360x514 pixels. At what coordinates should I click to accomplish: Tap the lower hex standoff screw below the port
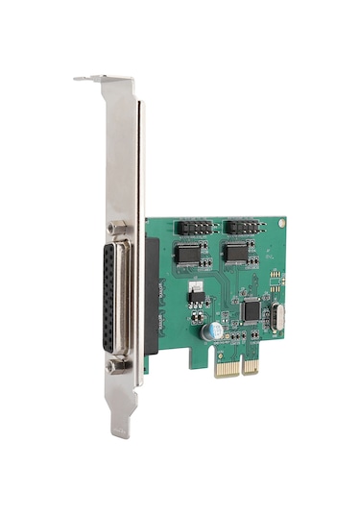click(117, 365)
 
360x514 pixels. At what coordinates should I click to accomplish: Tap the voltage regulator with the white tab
click(195, 290)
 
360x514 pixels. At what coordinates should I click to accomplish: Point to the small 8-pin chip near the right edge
click(276, 280)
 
